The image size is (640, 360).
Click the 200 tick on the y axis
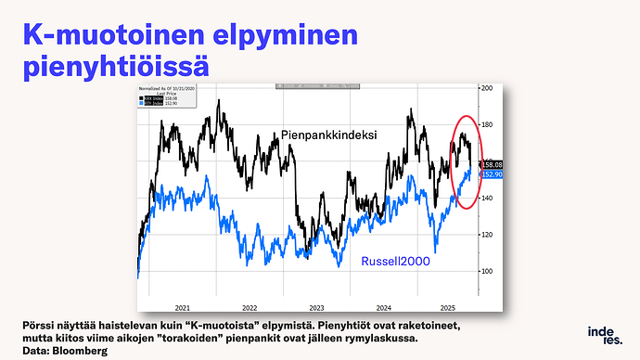486,87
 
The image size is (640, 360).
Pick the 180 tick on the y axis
486,124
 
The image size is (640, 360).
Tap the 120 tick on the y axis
486,234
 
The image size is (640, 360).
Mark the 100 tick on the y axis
486,271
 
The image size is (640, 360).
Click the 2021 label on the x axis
183,307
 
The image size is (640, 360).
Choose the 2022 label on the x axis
250,307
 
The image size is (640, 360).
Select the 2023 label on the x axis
317,307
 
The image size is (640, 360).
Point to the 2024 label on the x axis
385,307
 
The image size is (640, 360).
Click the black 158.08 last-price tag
492,164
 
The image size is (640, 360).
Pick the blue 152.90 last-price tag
492,174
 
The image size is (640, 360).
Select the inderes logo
604,335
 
